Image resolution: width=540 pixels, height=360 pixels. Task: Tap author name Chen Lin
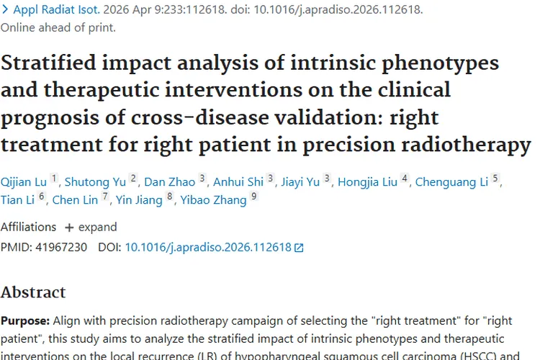click(x=76, y=200)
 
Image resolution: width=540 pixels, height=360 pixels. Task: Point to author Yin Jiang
click(x=139, y=200)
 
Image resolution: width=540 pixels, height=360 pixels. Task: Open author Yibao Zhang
click(x=212, y=200)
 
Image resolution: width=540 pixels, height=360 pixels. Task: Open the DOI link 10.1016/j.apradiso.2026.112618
click(x=208, y=247)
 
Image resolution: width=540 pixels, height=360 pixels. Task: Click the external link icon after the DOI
click(x=300, y=248)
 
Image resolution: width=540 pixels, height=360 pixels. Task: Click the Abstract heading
click(x=33, y=292)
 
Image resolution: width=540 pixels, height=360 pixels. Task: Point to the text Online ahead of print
click(x=58, y=27)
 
